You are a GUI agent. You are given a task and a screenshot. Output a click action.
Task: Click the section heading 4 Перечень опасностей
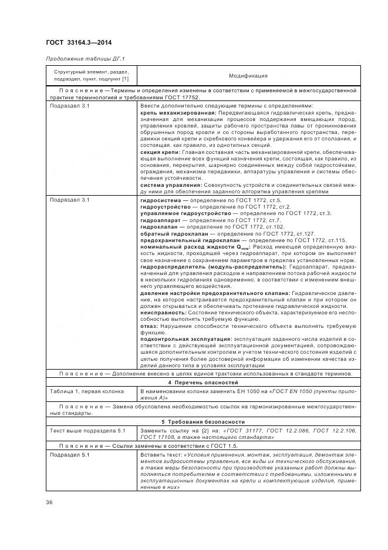202,383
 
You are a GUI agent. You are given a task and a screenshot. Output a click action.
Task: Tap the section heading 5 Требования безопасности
202,422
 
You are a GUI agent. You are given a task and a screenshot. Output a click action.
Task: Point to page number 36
49,501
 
